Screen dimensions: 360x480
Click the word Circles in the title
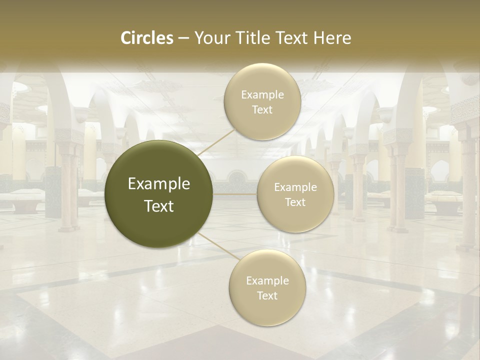pos(147,38)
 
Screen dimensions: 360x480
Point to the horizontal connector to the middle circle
pos(235,194)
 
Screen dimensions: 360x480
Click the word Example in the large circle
pos(159,184)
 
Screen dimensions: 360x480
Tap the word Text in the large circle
pos(159,206)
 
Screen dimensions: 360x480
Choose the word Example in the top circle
pos(262,95)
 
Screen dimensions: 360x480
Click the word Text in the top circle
pos(262,110)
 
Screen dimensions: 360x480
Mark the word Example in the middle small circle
pos(295,187)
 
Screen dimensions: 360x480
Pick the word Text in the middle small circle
pos(295,202)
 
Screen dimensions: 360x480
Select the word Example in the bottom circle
pos(267,281)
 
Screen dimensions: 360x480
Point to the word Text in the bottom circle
pos(267,296)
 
